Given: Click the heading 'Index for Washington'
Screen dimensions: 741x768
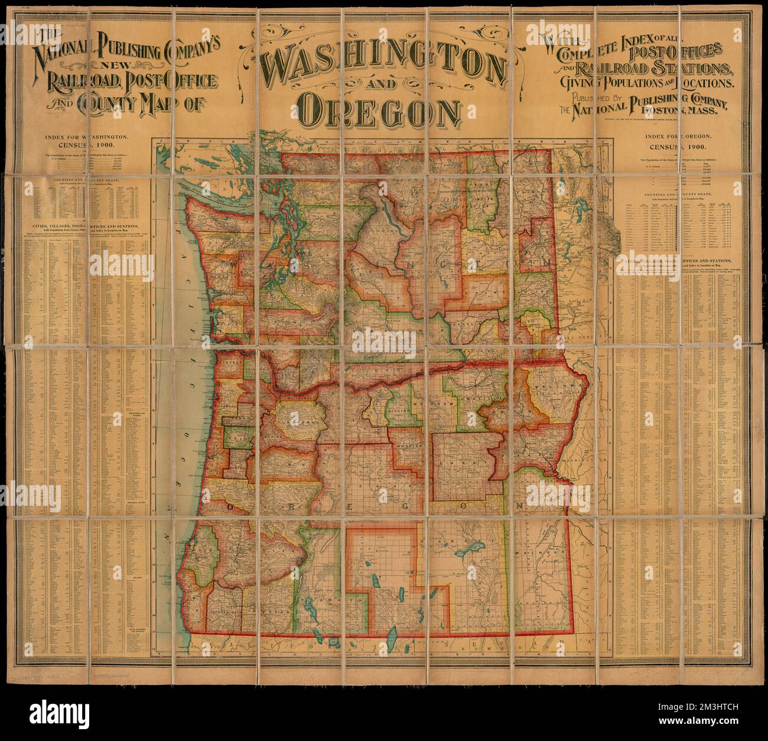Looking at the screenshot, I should coord(87,136).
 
